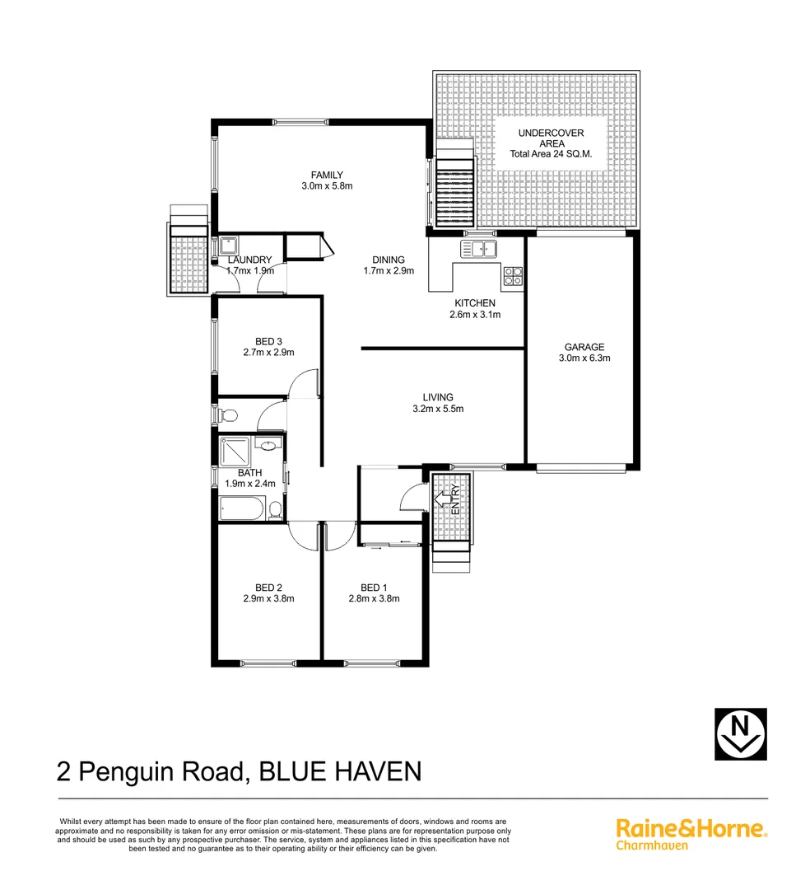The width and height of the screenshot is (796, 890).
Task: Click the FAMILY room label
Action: [327, 175]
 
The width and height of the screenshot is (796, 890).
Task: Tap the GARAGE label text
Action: [584, 347]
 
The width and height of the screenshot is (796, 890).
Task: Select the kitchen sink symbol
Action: [479, 248]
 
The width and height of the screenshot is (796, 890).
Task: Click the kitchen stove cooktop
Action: [513, 276]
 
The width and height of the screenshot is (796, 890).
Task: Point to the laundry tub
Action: [228, 246]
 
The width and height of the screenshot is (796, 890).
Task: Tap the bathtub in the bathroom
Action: [244, 509]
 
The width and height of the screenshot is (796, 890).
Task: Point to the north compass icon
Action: [739, 733]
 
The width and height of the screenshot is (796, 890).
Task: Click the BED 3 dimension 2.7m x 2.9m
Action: [268, 353]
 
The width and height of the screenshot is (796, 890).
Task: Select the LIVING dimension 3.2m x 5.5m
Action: [438, 409]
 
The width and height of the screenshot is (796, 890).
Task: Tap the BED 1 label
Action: [374, 588]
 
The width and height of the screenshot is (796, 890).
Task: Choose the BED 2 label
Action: [268, 588]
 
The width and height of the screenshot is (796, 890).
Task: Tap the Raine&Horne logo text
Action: [691, 828]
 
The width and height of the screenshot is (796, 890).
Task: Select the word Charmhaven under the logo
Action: [652, 845]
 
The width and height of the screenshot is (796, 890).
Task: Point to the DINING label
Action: [389, 259]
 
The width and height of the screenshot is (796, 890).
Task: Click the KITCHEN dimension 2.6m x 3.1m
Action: [475, 315]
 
